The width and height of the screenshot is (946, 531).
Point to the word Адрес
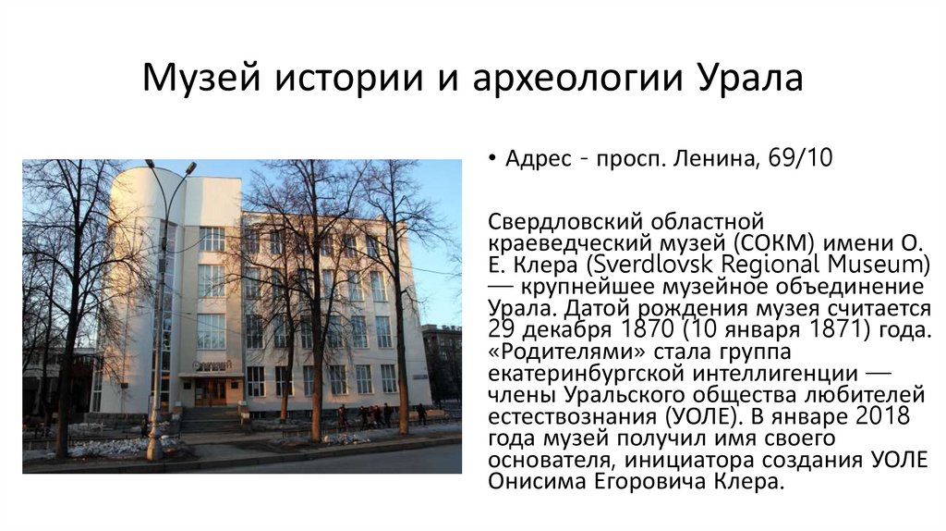pyautogui.click(x=538, y=159)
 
